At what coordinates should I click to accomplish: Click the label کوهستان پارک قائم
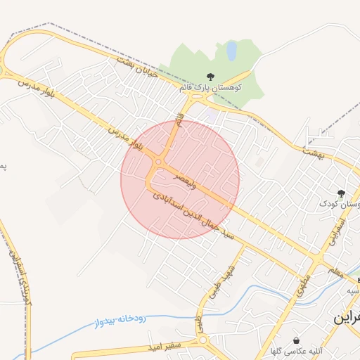(x=210, y=87)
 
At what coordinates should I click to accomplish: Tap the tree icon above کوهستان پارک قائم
(x=210, y=77)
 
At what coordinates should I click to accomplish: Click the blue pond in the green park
(x=231, y=51)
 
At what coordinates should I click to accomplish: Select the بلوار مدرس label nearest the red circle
(x=127, y=139)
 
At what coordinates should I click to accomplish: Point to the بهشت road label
(x=312, y=151)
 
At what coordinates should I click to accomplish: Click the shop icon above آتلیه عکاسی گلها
(x=295, y=340)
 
